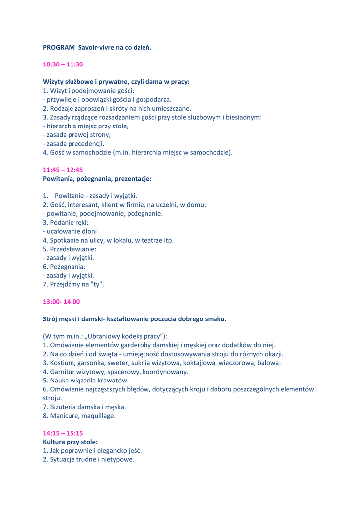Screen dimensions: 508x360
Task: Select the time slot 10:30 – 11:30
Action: click(x=63, y=64)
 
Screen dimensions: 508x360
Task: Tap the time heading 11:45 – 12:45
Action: click(x=63, y=169)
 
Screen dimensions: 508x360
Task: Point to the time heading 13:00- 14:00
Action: click(x=61, y=301)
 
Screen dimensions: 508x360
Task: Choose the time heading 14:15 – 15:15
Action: click(x=63, y=433)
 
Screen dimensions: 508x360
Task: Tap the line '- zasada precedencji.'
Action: click(x=73, y=144)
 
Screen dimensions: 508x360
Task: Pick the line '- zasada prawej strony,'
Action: click(x=76, y=135)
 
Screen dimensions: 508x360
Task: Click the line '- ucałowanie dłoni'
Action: click(x=70, y=231)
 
